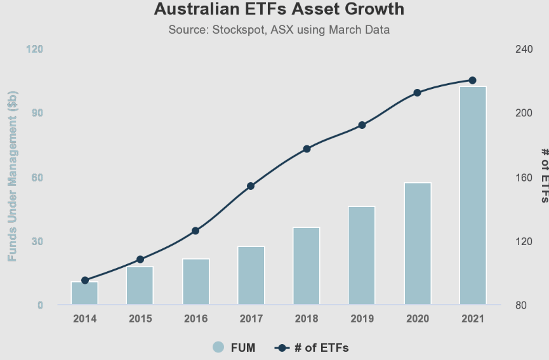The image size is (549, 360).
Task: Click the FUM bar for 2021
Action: [473, 196]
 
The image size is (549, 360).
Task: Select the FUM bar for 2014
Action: [84, 293]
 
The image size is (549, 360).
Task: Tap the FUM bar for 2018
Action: [307, 266]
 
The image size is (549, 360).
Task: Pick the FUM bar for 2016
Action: [195, 282]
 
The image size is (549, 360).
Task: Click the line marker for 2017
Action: [251, 186]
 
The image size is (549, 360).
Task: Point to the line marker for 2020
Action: [417, 93]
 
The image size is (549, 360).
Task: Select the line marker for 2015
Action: [140, 260]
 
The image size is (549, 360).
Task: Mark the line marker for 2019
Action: [362, 125]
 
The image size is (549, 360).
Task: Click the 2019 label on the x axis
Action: [362, 319]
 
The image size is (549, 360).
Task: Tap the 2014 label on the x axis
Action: [84, 319]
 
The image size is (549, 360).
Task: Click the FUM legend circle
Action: [218, 347]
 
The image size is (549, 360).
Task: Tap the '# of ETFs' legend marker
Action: [283, 347]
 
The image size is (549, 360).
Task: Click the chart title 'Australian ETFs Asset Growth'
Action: [279, 10]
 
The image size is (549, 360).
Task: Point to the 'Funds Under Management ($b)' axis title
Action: [13, 177]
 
